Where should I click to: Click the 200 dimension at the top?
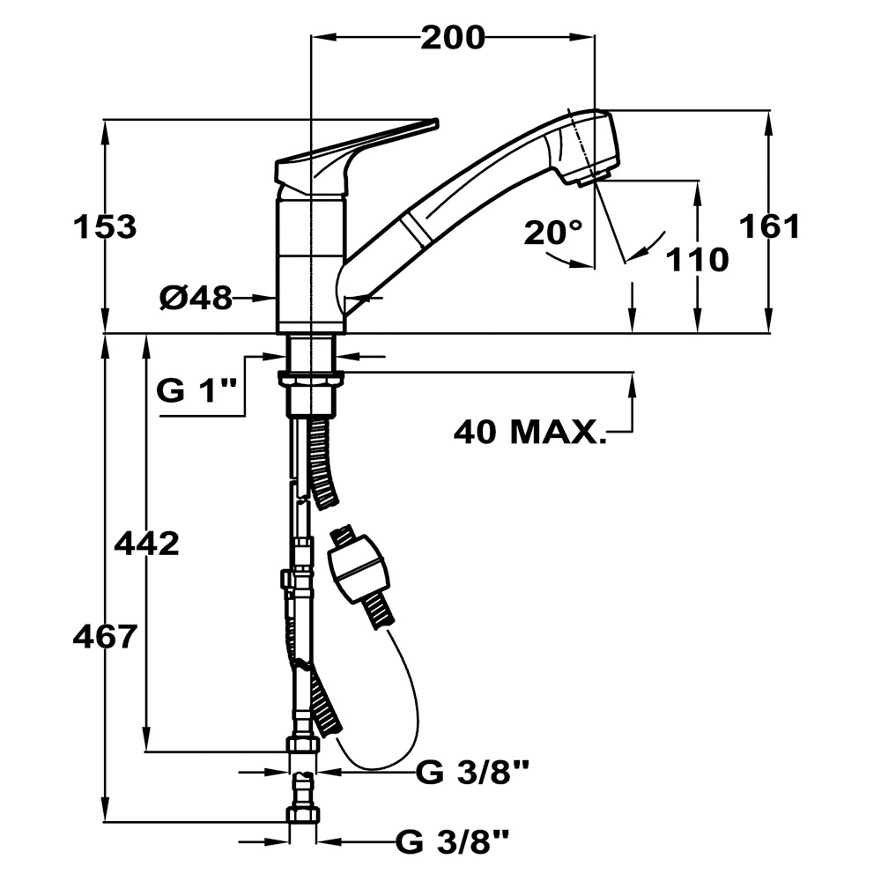(x=452, y=38)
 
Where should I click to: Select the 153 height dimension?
(x=105, y=227)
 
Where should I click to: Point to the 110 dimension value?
(x=697, y=260)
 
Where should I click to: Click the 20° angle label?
(x=553, y=233)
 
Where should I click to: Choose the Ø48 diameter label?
(x=196, y=299)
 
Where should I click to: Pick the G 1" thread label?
(x=197, y=389)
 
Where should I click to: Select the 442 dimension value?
(x=146, y=544)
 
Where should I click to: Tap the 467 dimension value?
(x=104, y=635)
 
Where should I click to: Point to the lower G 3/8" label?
(x=453, y=842)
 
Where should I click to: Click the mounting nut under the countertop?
(x=310, y=380)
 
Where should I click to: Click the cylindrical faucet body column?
(x=310, y=264)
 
